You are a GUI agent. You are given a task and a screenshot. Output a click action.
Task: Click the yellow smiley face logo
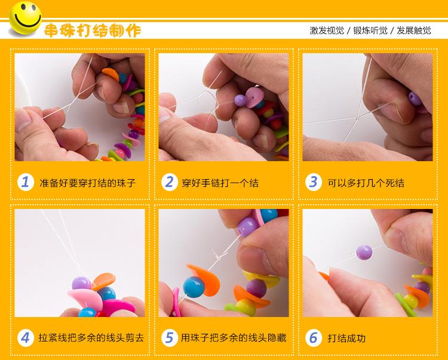tap(25, 18)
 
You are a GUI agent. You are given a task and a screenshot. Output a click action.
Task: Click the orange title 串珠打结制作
tap(93, 30)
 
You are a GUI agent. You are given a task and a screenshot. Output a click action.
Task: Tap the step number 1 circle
tap(26, 182)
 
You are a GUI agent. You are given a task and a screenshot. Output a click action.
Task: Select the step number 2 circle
tap(170, 182)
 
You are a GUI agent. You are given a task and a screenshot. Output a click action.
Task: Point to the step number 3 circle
tap(314, 182)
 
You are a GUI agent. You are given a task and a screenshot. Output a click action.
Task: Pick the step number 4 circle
tap(26, 338)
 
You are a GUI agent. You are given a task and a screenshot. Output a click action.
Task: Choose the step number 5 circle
tap(170, 338)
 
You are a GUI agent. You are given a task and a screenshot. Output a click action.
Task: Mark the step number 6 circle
tap(314, 338)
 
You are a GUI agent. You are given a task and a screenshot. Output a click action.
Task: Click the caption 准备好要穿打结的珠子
tap(87, 183)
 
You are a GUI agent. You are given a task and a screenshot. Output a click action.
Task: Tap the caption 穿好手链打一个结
tap(220, 183)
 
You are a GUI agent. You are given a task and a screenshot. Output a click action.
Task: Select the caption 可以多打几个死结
tap(366, 183)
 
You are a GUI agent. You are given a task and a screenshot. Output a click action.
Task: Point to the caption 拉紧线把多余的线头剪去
tap(91, 338)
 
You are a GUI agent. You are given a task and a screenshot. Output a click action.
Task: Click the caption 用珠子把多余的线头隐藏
tap(234, 338)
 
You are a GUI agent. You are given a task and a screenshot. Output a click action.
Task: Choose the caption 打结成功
tap(346, 339)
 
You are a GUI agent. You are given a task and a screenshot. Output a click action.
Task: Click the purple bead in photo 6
tap(364, 253)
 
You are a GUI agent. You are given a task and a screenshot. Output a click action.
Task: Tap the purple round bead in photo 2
tap(240, 100)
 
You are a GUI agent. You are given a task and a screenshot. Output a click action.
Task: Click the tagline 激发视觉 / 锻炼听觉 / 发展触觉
tap(370, 30)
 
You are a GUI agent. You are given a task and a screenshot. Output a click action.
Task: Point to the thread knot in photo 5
tap(217, 257)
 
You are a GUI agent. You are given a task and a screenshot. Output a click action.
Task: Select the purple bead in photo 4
tap(81, 283)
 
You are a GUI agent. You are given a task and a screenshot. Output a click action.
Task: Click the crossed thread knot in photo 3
tap(357, 118)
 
